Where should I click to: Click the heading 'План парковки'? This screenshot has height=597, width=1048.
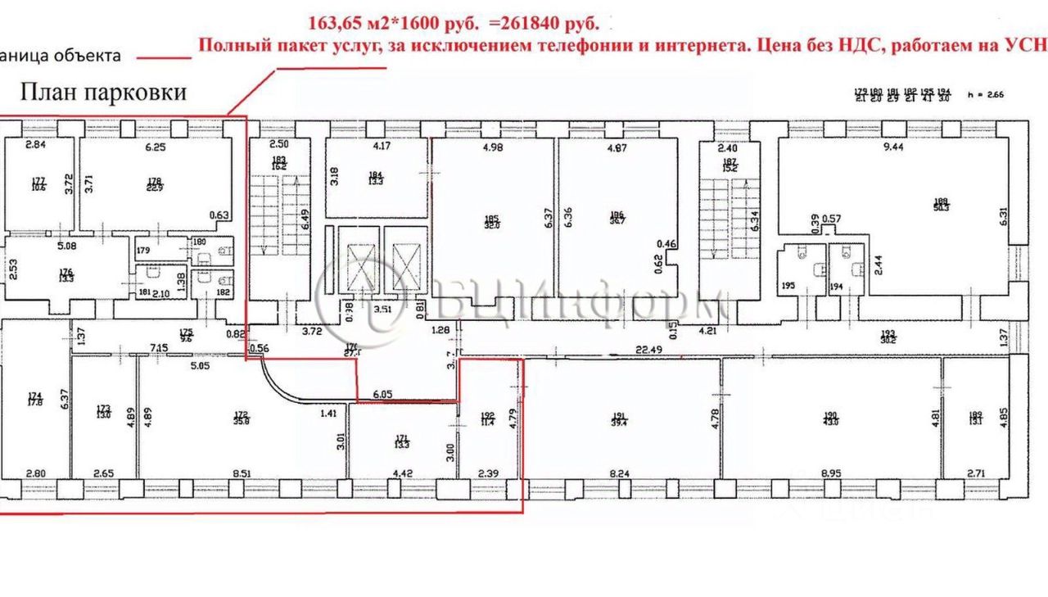(103, 92)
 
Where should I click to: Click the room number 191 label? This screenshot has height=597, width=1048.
(619, 415)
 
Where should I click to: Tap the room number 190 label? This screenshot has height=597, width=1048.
(830, 415)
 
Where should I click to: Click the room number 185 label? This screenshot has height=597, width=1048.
(491, 218)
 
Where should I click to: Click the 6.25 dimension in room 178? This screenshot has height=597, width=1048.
(155, 147)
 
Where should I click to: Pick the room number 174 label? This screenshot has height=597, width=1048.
(34, 396)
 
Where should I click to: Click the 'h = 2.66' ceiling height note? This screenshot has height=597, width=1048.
(985, 94)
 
